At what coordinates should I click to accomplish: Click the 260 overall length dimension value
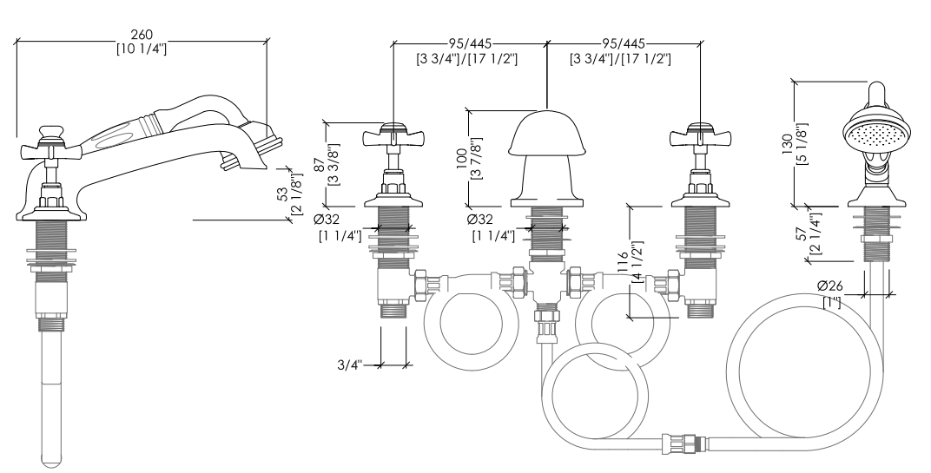pos(142,35)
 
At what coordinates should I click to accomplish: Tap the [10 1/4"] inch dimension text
pos(142,48)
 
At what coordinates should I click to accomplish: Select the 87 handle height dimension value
pos(320,164)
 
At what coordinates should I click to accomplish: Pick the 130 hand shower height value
pos(787,144)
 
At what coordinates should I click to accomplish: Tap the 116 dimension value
pos(622,263)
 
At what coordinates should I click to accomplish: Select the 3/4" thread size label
pos(350,365)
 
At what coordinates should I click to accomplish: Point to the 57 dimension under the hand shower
pos(802,234)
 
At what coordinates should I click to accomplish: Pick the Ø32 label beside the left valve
pos(327,219)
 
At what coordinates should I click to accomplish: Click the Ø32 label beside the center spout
pos(479,219)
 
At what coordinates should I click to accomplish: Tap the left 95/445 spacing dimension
pos(469,43)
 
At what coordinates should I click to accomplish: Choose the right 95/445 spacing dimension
pos(623,43)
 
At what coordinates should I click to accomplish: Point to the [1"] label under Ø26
pos(832,302)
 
